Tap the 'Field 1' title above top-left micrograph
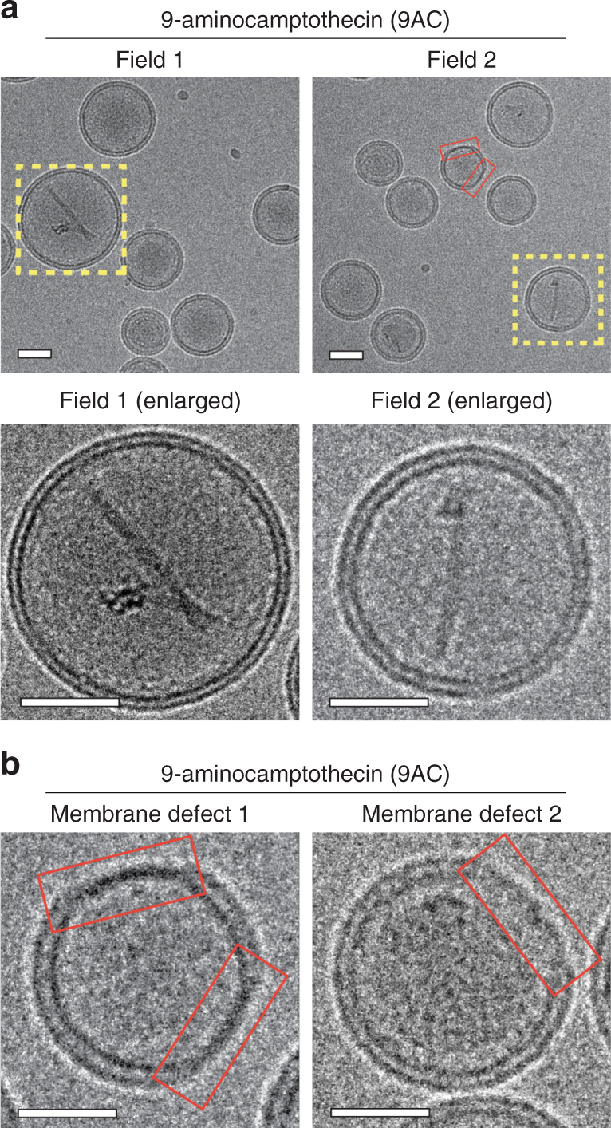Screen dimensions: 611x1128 150,60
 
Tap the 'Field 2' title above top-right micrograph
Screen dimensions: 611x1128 462,60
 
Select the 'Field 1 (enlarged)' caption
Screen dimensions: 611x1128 150,401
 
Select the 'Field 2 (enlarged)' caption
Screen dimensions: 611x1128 462,401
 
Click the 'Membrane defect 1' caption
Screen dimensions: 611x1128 150,814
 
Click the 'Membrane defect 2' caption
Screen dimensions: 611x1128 462,814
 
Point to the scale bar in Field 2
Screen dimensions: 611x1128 346,353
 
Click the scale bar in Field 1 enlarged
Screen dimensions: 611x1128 69,702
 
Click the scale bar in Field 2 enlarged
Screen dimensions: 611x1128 379,702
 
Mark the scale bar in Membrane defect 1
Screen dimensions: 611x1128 67,1111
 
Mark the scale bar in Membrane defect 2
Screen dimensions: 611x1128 379,1111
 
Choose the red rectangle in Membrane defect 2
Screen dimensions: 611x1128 529,914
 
